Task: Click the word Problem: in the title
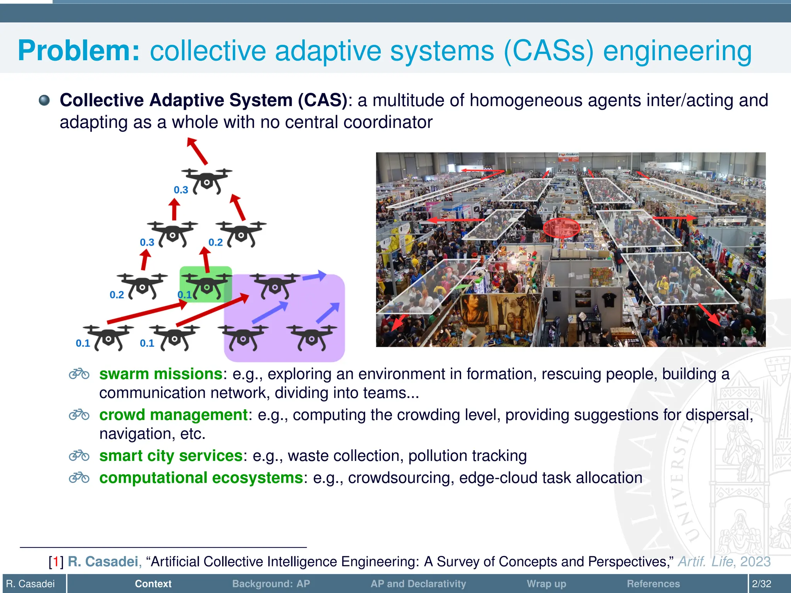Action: pyautogui.click(x=78, y=51)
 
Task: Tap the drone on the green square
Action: pyautogui.click(x=206, y=286)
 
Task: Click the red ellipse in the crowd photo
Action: pyautogui.click(x=561, y=228)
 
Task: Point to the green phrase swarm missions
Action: pyautogui.click(x=161, y=374)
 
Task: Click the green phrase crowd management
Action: pyautogui.click(x=173, y=415)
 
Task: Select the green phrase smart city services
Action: pyautogui.click(x=171, y=456)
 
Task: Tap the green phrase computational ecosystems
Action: pyautogui.click(x=201, y=478)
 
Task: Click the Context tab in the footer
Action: pyautogui.click(x=153, y=584)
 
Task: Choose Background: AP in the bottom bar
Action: pyautogui.click(x=271, y=584)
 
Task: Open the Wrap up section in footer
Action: pyautogui.click(x=546, y=584)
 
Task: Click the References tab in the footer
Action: pyautogui.click(x=653, y=584)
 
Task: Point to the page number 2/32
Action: pyautogui.click(x=761, y=584)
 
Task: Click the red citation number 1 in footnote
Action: pyautogui.click(x=56, y=562)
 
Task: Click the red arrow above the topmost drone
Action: pyautogui.click(x=197, y=151)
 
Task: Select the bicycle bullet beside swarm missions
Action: pyautogui.click(x=79, y=374)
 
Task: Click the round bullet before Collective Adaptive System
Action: pyautogui.click(x=44, y=100)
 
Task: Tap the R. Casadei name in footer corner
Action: pyautogui.click(x=31, y=584)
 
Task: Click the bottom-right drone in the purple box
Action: pyautogui.click(x=312, y=337)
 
